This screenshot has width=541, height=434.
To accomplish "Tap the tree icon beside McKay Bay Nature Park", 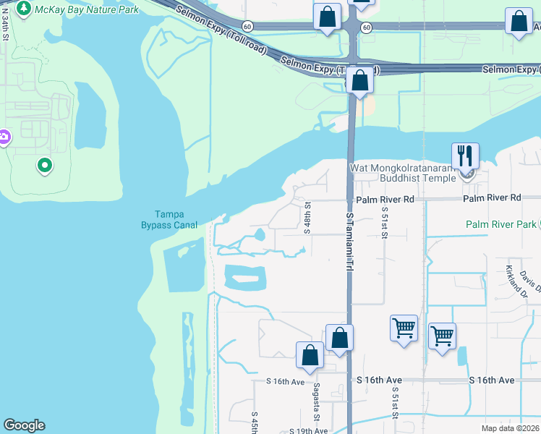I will [x=24, y=9].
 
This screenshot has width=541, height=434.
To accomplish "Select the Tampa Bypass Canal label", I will [x=169, y=218].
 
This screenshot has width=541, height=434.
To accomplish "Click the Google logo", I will [x=24, y=425].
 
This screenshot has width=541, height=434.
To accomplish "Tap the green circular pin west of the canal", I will [x=45, y=166].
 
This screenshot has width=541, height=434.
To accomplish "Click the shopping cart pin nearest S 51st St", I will [x=404, y=328].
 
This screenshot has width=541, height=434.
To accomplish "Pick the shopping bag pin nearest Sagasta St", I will [x=310, y=355].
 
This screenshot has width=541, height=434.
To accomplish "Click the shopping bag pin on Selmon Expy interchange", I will [x=359, y=81].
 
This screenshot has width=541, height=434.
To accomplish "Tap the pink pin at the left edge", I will [x=3, y=136].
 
